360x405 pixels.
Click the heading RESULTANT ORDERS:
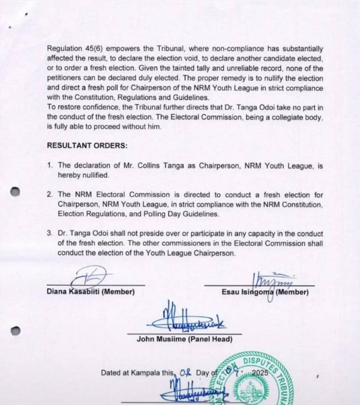(x=87, y=145)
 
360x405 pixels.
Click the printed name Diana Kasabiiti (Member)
(x=91, y=292)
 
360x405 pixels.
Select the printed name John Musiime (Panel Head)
(x=184, y=339)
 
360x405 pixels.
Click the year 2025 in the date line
(x=260, y=373)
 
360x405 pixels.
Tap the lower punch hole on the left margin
(x=15, y=330)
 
